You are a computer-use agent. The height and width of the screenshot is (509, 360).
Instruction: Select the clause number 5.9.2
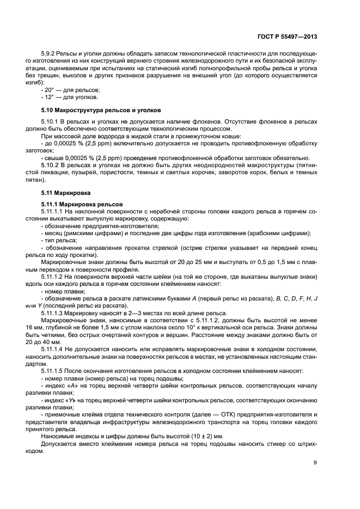pos(48,55)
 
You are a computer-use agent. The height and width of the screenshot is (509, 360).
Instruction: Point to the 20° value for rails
pos(50,89)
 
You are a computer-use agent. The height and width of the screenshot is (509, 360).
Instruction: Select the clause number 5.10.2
pos(50,164)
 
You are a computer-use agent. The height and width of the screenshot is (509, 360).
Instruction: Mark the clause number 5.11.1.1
pos(53,212)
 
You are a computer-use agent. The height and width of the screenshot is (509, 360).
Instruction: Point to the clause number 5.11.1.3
pos(53,313)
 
